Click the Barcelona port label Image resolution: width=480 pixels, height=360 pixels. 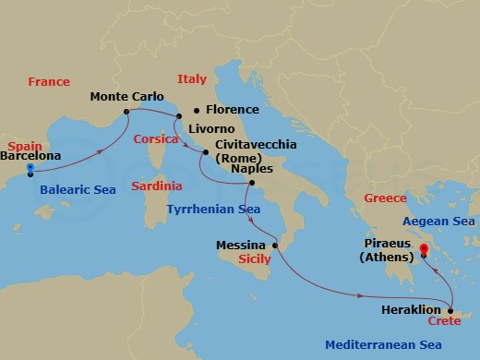[30, 156]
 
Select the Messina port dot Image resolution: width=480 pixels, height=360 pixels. [275, 246]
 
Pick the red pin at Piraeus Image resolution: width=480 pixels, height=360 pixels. [424, 248]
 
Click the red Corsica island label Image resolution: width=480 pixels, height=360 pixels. [155, 139]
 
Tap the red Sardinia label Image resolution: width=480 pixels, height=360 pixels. [156, 186]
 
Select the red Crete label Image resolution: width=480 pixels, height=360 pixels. [444, 321]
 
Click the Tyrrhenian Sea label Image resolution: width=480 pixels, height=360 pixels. [213, 210]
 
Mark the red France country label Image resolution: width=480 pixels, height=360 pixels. [48, 82]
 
